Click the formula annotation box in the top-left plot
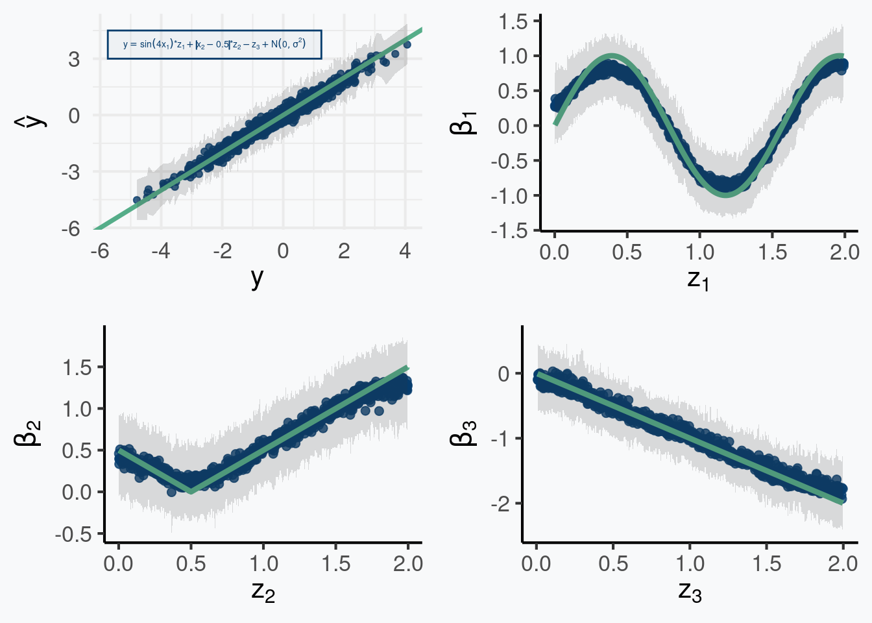214,44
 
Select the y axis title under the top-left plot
257,278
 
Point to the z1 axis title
698,279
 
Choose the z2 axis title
263,591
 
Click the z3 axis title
690,591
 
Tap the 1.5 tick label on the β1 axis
513,21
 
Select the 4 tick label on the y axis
405,251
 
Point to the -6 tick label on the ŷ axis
71,228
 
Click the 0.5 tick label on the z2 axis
191,563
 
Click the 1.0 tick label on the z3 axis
690,563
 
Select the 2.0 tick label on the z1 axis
844,252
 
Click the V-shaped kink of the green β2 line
191,491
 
